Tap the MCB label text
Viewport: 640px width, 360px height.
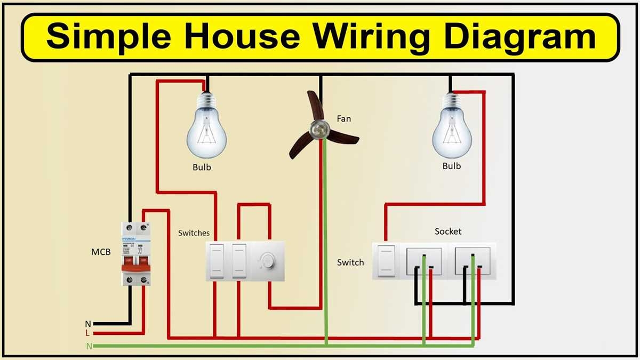[101, 252]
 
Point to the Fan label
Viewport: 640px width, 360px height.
[344, 118]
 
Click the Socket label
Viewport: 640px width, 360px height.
[448, 231]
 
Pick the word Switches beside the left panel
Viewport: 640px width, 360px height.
[194, 233]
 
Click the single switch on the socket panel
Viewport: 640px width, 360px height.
[386, 261]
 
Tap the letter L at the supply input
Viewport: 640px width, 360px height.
[87, 333]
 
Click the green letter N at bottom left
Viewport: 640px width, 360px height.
[89, 346]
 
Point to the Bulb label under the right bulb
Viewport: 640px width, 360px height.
[452, 166]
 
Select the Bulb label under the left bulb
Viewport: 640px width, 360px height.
[202, 167]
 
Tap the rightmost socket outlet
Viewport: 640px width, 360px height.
[473, 261]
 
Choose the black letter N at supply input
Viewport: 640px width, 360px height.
[88, 324]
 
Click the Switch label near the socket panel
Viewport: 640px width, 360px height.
[350, 262]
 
